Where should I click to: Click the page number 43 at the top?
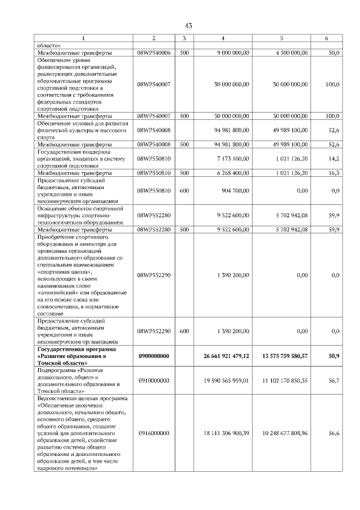188,25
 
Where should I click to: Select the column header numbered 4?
223,38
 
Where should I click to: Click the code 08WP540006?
154,53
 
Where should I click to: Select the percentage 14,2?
335,159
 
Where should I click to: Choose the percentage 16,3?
335,173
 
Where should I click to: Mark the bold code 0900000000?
154,356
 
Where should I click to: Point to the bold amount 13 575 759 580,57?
285,356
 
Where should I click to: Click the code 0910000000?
154,381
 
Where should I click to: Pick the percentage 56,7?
334,381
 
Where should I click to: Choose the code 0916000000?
154,433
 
